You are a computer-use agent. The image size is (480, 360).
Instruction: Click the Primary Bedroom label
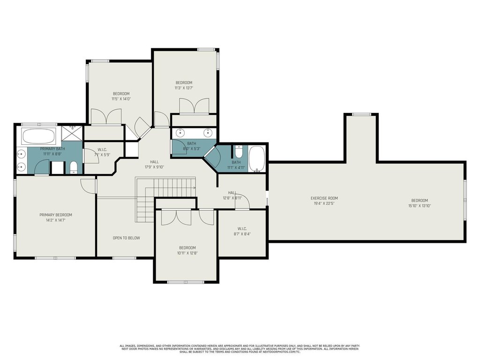(56, 215)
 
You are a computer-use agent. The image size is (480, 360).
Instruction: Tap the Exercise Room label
(324, 198)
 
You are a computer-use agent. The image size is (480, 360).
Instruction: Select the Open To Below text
(127, 238)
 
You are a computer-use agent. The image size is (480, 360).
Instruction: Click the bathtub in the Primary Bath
(39, 136)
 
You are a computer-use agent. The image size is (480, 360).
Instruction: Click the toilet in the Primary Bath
(74, 167)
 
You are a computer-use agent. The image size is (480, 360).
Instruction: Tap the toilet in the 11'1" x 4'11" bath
(239, 151)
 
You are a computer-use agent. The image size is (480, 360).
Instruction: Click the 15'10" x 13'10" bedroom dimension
(420, 206)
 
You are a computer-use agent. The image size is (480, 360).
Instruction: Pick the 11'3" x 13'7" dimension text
(184, 88)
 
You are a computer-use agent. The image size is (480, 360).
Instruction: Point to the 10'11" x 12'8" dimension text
(187, 253)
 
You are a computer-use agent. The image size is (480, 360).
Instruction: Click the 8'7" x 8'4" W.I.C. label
(242, 234)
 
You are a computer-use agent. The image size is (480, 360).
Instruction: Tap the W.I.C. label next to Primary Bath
(102, 150)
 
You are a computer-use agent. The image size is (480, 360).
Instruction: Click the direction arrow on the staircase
(194, 187)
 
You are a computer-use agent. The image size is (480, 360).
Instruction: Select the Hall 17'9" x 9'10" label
(155, 165)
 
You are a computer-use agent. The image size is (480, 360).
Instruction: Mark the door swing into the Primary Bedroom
(88, 186)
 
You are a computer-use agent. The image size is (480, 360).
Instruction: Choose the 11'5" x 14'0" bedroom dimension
(121, 99)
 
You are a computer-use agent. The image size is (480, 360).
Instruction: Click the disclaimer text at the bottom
(240, 349)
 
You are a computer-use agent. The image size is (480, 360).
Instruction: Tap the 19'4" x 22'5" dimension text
(324, 203)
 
